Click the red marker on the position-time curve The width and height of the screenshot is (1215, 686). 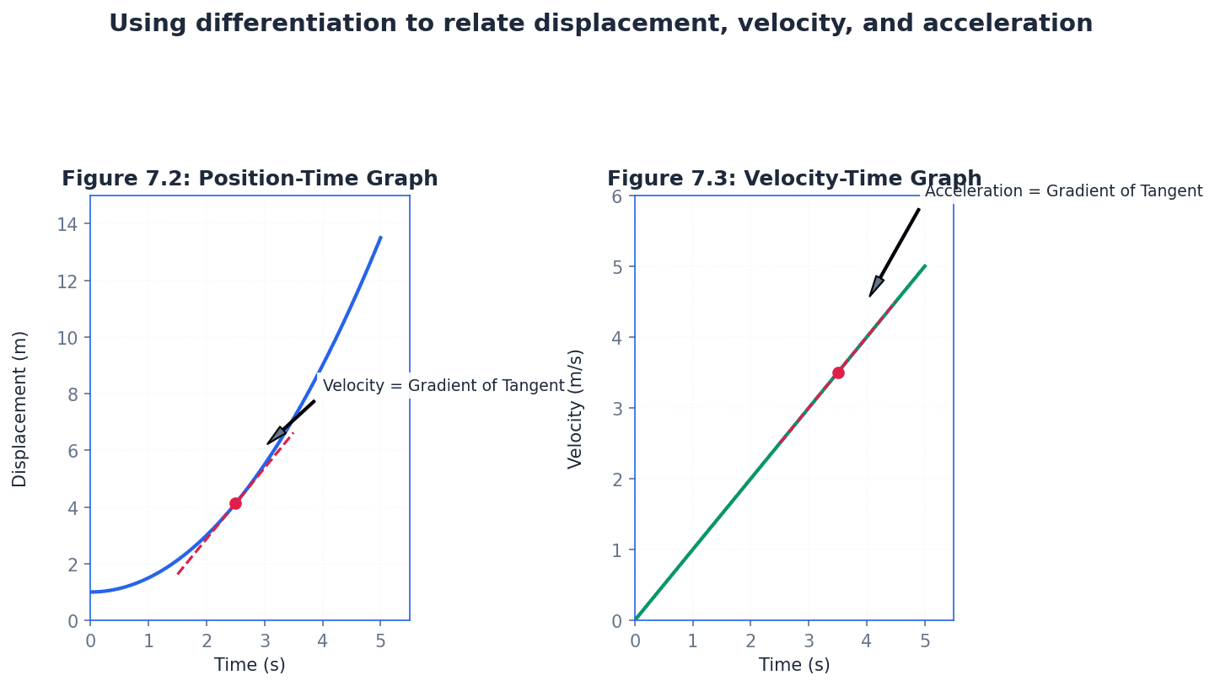tap(235, 503)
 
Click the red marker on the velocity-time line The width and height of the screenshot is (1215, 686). tap(838, 372)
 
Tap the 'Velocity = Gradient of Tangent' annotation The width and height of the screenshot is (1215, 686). tap(444, 386)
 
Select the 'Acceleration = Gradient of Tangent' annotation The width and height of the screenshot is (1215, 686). tap(1063, 191)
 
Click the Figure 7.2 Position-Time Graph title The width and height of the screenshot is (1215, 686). tap(250, 179)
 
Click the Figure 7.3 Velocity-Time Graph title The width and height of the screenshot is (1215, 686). tap(794, 179)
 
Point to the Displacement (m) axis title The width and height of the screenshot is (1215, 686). tap(20, 409)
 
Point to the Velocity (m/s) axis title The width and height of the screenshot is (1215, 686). tap(576, 409)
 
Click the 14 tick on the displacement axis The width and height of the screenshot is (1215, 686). tap(67, 224)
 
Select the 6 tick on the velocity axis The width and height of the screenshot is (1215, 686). tap(617, 196)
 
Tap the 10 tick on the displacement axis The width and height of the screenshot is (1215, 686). tap(67, 337)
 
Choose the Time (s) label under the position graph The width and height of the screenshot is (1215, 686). tap(250, 665)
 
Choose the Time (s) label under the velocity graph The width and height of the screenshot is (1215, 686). tap(794, 665)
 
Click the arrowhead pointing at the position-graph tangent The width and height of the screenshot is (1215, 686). tap(277, 436)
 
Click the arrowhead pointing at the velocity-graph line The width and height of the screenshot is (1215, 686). tap(875, 287)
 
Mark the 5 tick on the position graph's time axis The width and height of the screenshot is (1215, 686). tap(380, 640)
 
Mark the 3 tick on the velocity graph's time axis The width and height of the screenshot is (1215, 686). tap(809, 640)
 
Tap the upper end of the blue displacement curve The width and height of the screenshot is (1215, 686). tap(380, 238)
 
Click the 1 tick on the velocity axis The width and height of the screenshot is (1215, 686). tap(617, 549)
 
